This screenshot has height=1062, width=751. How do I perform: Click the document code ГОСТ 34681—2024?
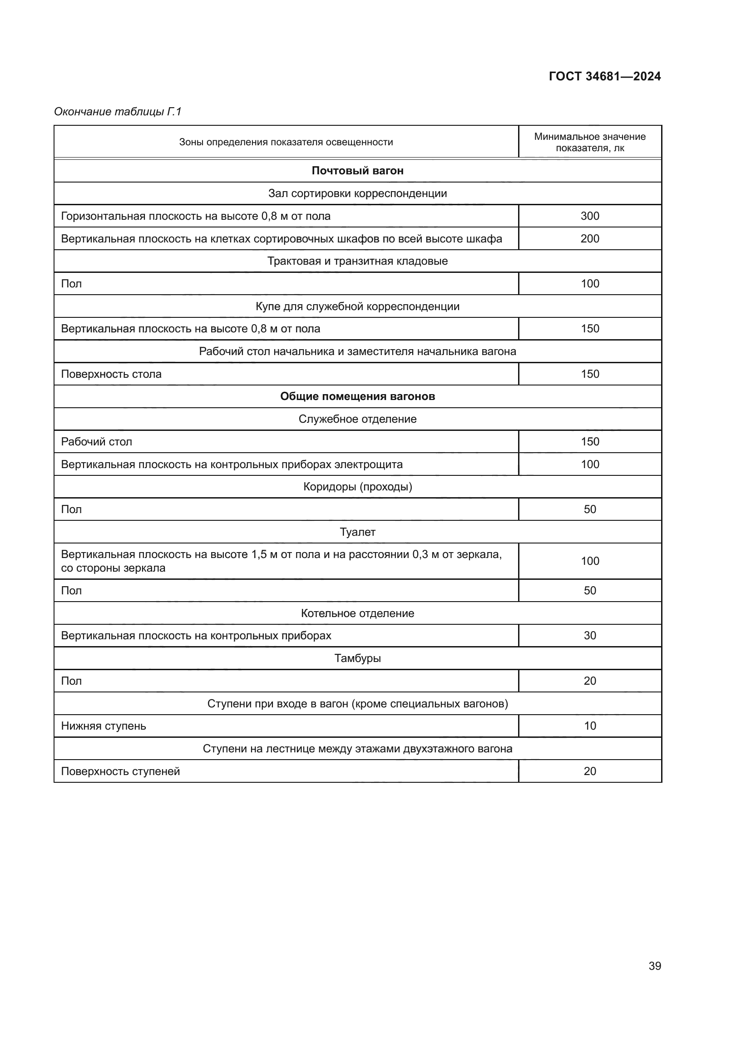(604, 76)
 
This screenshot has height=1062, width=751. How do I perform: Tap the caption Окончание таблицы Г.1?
(118, 112)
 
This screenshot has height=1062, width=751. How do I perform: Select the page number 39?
(654, 966)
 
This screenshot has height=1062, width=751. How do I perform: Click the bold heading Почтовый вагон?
(357, 171)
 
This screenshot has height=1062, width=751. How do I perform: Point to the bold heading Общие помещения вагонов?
(357, 396)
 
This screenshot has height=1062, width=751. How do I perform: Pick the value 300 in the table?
(590, 216)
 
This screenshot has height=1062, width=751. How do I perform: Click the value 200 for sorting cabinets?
(590, 239)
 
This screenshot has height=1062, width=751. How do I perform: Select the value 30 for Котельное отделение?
(590, 636)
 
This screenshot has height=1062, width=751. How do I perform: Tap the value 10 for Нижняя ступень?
(590, 726)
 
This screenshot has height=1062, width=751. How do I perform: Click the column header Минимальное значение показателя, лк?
(590, 142)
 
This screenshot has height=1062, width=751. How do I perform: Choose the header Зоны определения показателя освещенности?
(286, 142)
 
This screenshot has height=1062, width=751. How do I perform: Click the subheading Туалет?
(357, 532)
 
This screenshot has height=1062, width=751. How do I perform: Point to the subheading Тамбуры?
(357, 658)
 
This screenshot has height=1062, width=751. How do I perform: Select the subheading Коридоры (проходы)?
(357, 487)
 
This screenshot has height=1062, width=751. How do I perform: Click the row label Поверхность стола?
(111, 374)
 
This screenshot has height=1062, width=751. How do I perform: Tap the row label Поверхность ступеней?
(120, 771)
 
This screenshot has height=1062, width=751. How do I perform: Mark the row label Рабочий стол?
(97, 442)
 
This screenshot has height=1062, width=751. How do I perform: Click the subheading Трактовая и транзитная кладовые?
(357, 261)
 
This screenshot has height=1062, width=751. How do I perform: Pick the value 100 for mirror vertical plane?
(590, 561)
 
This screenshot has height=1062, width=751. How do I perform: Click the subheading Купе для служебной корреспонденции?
(357, 306)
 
